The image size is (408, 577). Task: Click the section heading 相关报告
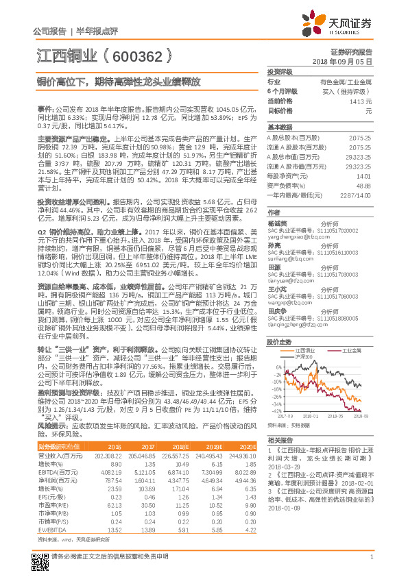[x=280, y=439]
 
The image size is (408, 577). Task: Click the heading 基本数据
[x=280, y=127]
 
